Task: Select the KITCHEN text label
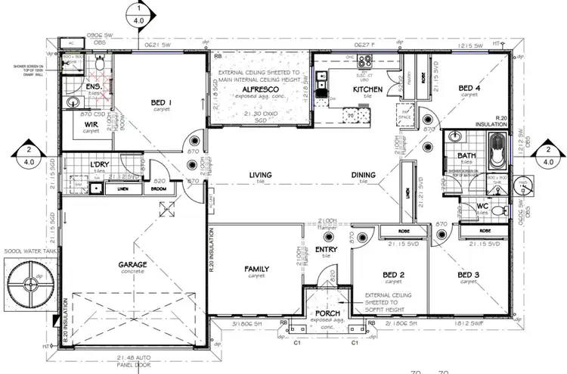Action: (347, 89)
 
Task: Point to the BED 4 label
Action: (469, 87)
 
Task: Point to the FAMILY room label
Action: (257, 269)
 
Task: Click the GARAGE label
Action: (132, 264)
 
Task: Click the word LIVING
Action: (261, 176)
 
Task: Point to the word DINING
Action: (364, 176)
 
